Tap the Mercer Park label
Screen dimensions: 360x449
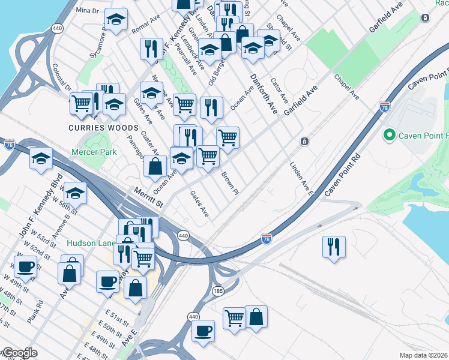(94, 152)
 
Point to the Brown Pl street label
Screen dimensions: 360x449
(231, 182)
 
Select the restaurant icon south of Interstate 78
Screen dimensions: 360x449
(334, 247)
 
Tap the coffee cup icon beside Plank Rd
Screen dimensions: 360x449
(25, 266)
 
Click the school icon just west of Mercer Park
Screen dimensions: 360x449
(41, 158)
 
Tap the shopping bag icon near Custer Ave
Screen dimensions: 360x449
(155, 166)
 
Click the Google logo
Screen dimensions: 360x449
(19, 353)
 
